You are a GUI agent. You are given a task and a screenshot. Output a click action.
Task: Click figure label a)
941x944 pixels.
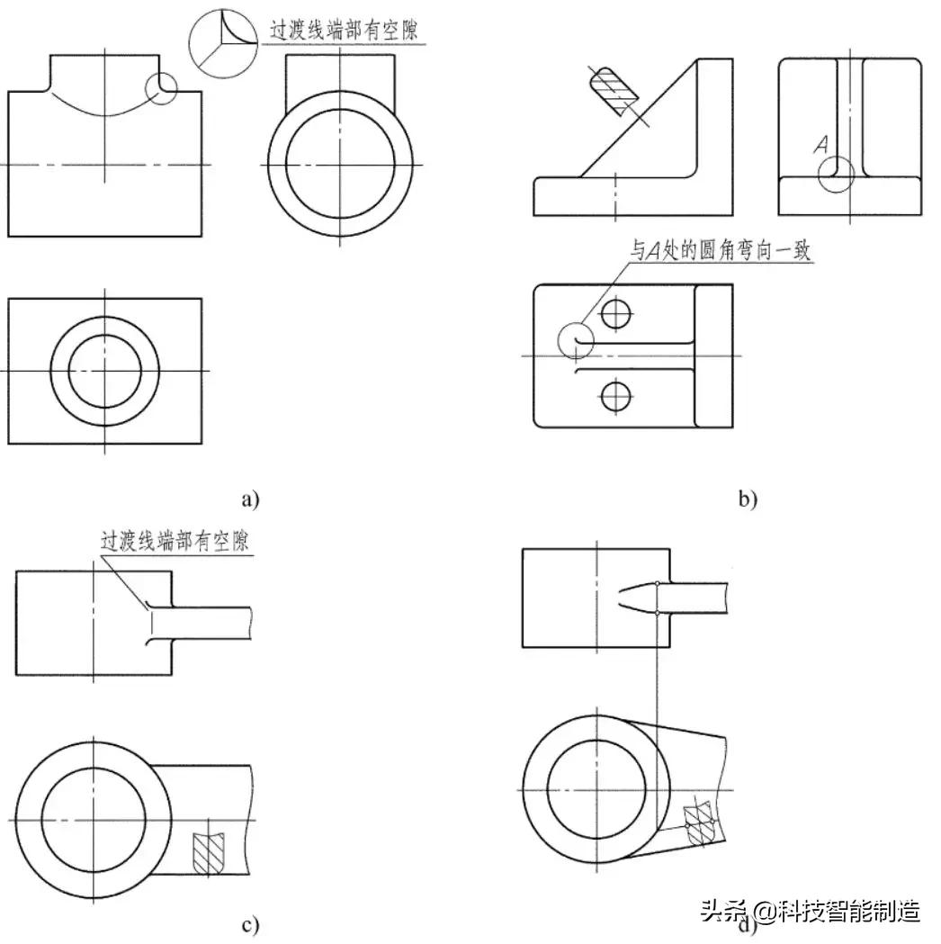249,498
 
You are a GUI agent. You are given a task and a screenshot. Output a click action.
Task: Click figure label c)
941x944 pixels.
250,923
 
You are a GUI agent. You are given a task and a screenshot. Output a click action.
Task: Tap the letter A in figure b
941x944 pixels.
820,144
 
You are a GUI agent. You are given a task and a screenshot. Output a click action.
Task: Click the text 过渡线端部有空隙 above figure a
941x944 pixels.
347,30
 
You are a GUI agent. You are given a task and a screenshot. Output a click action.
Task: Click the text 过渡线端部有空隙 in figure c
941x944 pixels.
175,542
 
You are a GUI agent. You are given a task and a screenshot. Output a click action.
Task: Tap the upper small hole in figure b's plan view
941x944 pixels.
616,314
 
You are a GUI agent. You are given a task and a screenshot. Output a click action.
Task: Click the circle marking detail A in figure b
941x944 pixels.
837,173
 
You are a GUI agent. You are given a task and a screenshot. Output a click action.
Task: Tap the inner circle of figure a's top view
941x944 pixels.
104,371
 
